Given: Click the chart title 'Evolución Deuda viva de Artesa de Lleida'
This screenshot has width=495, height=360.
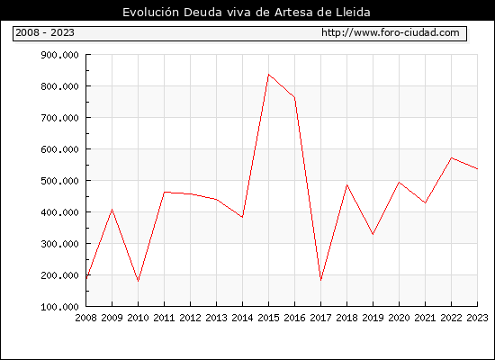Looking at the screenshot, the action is click(247, 13).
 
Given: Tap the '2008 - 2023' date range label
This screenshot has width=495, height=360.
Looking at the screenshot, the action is click(45, 32).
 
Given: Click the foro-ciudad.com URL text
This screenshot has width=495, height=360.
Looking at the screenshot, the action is click(391, 32).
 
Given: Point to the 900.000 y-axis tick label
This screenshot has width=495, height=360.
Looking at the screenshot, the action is click(59, 55).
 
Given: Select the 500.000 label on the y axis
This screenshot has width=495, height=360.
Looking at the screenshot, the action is click(59, 181).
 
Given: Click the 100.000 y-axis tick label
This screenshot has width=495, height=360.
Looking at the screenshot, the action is click(59, 307).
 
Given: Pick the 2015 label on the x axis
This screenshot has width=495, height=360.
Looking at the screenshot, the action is click(268, 318).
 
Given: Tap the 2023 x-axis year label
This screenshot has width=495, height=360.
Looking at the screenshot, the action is click(477, 318).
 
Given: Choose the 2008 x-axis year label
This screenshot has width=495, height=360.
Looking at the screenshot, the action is click(85, 318).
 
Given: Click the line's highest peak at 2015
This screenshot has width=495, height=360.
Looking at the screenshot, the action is click(268, 75).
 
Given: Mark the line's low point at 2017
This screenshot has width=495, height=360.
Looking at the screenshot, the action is click(320, 280).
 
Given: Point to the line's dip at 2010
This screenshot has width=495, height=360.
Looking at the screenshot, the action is click(138, 281).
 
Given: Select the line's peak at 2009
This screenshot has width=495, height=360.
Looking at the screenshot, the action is click(112, 210).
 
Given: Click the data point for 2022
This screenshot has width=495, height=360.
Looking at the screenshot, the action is click(452, 157).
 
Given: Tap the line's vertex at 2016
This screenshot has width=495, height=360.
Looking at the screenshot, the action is click(294, 97).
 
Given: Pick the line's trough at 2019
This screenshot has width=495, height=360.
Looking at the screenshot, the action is click(373, 234).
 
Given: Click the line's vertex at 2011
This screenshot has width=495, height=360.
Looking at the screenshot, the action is click(164, 192).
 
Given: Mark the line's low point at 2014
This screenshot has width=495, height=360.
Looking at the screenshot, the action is click(242, 217).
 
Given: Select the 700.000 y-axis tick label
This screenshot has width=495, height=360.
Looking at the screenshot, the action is click(59, 118).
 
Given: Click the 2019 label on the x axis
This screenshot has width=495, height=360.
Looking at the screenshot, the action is click(373, 318).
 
